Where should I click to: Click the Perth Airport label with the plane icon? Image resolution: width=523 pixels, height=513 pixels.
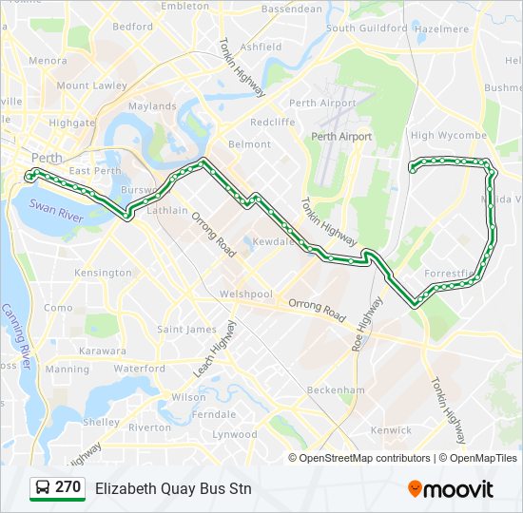[341, 137]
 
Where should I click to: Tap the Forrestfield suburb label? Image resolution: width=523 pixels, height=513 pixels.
[449, 274]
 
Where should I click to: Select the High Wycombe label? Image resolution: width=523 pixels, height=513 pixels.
[449, 136]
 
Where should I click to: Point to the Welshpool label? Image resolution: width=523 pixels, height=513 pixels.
[245, 294]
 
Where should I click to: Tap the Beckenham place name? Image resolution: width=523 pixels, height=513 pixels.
[336, 389]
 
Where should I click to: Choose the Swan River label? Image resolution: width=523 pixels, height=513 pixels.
[57, 210]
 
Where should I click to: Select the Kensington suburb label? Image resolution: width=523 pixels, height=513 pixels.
[103, 273]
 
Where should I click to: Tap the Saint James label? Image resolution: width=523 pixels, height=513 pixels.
[186, 330]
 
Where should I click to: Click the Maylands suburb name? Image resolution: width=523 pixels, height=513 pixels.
[152, 106]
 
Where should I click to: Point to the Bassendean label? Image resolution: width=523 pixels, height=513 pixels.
[292, 9]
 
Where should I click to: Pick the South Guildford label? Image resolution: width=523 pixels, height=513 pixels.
[367, 28]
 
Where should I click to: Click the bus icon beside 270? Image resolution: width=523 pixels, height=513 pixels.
[43, 488]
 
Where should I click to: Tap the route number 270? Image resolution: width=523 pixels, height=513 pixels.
[68, 487]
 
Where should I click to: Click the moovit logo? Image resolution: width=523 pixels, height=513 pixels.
[451, 488]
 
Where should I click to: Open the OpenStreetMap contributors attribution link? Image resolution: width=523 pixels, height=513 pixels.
[365, 458]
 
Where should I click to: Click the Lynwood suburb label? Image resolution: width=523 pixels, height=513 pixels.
[234, 434]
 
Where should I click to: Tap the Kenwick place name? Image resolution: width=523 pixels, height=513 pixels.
[391, 430]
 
